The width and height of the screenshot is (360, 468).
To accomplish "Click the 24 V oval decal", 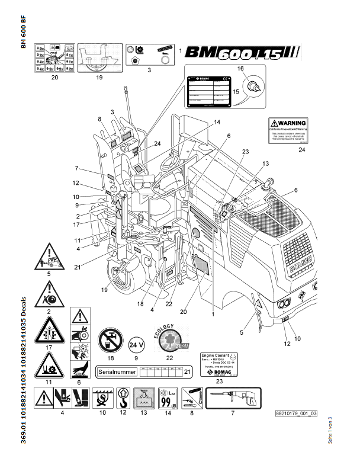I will tap(137, 343).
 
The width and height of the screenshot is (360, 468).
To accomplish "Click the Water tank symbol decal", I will tap(143, 400).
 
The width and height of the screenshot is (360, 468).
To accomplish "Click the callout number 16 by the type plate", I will tap(240, 69).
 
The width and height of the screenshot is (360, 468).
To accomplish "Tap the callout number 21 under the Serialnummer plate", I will tap(188, 371).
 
